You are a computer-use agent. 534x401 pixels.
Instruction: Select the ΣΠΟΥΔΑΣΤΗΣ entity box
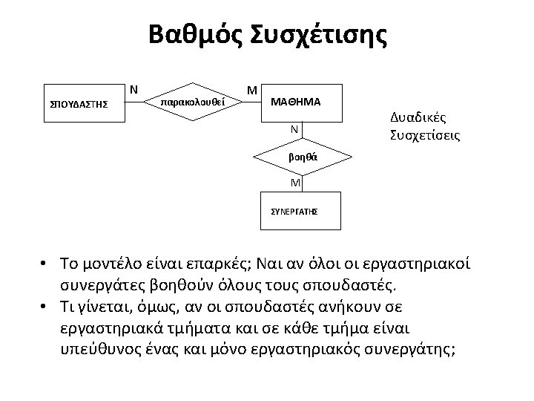79,104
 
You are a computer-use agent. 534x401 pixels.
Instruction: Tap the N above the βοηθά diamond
294,129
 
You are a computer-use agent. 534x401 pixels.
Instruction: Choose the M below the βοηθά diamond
294,183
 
